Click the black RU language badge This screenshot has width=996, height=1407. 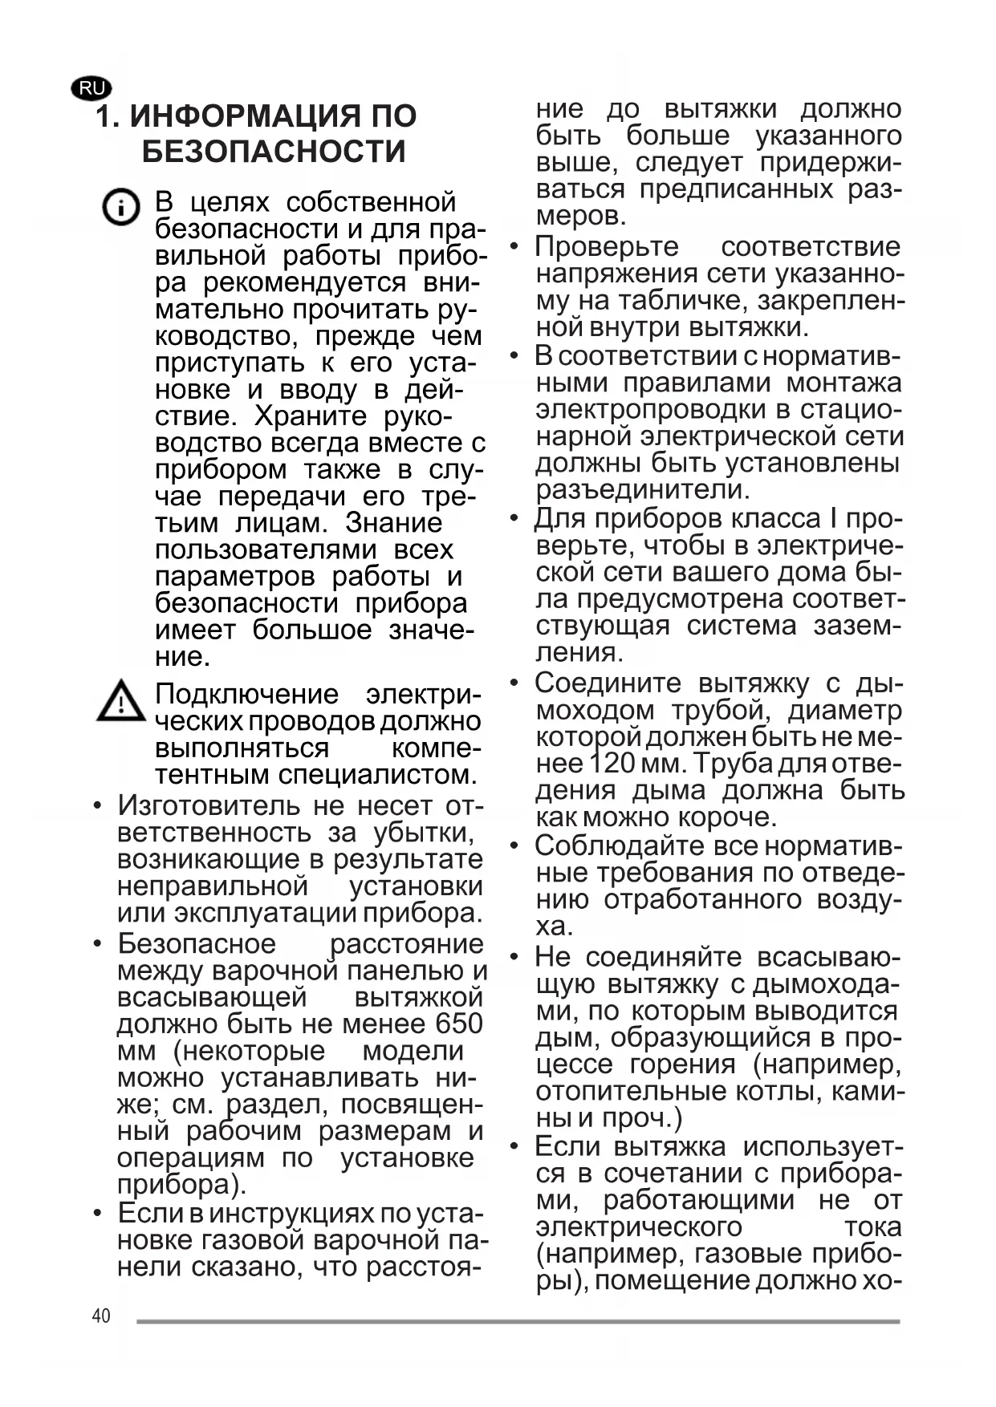pos(91,89)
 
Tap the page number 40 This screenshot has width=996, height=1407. pos(101,1316)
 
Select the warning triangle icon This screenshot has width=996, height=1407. pos(121,701)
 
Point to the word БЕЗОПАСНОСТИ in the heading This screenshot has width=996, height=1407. pos(274,152)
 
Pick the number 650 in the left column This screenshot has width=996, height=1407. pos(459,1024)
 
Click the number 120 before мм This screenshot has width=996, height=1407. pos(612,763)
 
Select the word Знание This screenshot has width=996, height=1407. pos(393,523)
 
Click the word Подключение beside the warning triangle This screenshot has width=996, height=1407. pos(246,694)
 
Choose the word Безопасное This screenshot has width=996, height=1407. pos(197,944)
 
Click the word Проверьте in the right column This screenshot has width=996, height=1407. pos(607,246)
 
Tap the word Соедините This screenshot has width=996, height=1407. pos(608,683)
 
